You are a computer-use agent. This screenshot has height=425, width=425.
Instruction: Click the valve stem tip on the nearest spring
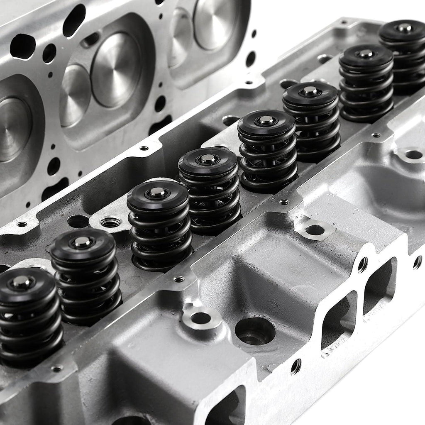(21, 282)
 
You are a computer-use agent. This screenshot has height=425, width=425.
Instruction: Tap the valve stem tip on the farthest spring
(403, 28)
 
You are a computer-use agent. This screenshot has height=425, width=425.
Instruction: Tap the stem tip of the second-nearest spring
(82, 242)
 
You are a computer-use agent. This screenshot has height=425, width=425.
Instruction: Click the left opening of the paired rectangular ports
(339, 320)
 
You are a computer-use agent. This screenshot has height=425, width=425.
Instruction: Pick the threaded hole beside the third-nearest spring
(110, 223)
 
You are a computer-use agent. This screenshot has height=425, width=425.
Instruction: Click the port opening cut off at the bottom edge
(226, 409)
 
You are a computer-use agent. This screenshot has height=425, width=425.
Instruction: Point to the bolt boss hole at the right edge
(413, 155)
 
